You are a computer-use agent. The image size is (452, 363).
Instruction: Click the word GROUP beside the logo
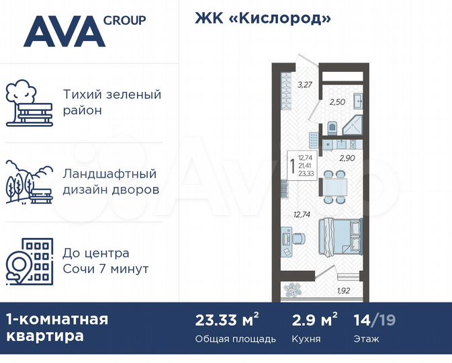[x=125, y=20]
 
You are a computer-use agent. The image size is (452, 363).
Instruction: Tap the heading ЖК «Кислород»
[x=263, y=19]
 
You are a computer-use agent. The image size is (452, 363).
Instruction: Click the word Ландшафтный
[x=109, y=174]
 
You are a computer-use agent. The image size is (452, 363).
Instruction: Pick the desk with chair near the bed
[x=291, y=239]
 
